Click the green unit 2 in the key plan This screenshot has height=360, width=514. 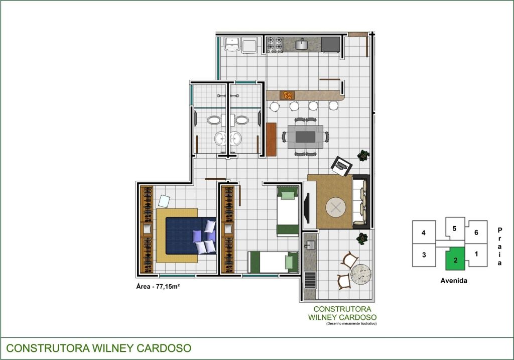point(455,259)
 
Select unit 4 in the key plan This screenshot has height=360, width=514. point(424,232)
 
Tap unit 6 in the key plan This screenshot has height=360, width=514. point(476,232)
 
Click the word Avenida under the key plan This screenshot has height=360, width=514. point(454,281)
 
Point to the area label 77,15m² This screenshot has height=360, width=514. point(158,286)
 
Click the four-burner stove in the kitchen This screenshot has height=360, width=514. point(275,45)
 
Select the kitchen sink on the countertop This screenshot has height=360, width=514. point(301,44)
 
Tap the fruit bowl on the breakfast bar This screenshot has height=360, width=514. point(288,95)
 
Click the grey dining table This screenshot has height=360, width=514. point(305,137)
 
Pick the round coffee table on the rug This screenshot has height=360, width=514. point(336,207)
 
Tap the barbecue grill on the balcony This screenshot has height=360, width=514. point(310,280)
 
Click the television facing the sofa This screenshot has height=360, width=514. point(307,208)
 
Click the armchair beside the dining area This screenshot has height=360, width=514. point(341,166)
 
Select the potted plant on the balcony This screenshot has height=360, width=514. point(362,238)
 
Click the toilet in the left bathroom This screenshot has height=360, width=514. point(214,120)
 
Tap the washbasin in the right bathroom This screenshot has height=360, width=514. point(235,139)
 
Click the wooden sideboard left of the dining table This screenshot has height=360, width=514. point(271,140)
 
